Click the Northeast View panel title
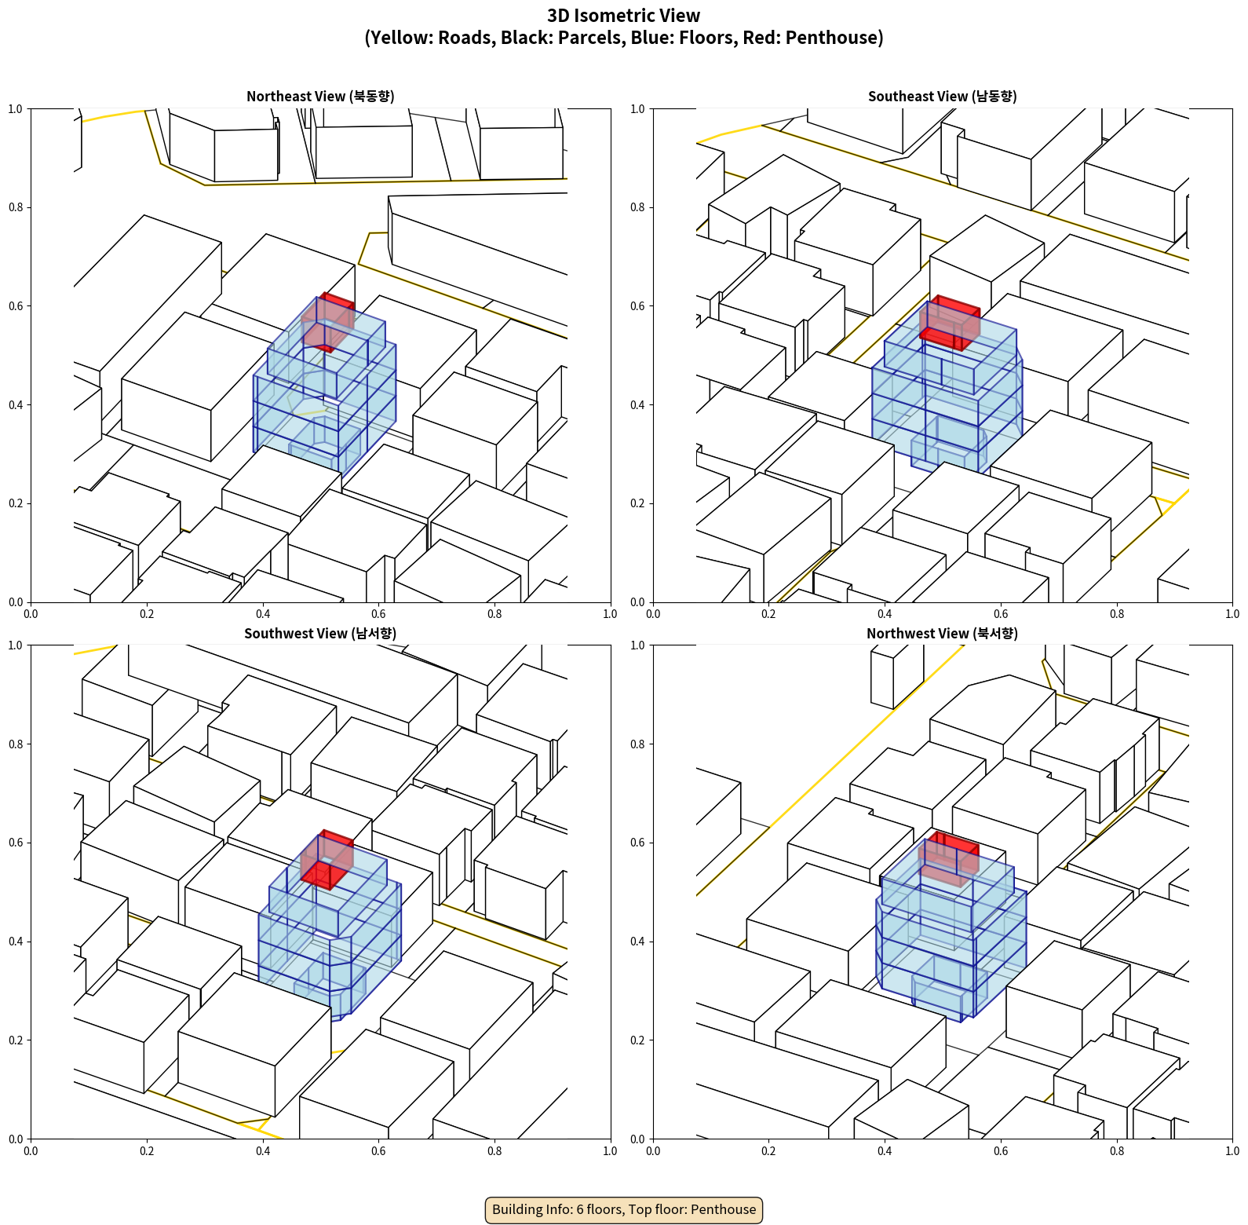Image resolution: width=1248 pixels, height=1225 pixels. coord(320,96)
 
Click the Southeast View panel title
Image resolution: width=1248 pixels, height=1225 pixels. coord(942,96)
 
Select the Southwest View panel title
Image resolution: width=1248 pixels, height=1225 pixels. coord(320,633)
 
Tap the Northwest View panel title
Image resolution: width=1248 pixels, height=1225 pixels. coord(942,633)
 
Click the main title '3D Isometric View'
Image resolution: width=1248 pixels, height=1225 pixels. coord(624,16)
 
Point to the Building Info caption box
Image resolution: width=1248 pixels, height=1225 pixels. coord(624,1209)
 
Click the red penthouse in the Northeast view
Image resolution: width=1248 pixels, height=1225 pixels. coord(328,322)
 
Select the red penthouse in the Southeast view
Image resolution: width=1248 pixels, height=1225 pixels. coord(950,323)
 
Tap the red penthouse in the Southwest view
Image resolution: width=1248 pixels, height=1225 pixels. coord(327,860)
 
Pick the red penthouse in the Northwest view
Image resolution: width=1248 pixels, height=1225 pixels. coord(949,859)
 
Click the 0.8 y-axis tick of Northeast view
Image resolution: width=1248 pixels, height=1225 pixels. coord(16,207)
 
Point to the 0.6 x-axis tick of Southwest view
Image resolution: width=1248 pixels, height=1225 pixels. coord(378,1151)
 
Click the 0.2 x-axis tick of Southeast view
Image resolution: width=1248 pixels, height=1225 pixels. coord(768,614)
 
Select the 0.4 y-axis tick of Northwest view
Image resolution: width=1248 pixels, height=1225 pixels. coord(638,942)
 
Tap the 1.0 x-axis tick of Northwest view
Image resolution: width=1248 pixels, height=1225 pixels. coord(1232,1151)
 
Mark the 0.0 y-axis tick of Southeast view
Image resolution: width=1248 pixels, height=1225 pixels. coord(638,602)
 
